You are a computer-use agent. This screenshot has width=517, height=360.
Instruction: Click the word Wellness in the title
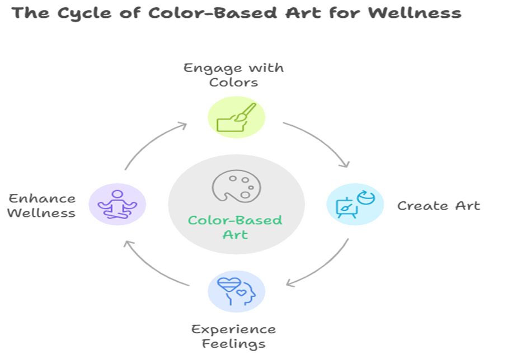[x=415, y=13]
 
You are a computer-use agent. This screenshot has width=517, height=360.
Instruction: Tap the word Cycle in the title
[x=84, y=14]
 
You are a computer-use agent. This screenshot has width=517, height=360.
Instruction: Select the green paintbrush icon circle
[x=237, y=117]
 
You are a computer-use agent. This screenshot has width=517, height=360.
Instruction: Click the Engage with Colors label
[x=233, y=75]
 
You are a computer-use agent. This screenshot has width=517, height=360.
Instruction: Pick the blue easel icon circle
[x=355, y=204]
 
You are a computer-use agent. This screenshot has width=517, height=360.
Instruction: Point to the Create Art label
[x=439, y=206]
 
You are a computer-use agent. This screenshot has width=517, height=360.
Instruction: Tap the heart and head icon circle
[x=237, y=291]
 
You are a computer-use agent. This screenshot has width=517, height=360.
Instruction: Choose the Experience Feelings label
[x=233, y=337]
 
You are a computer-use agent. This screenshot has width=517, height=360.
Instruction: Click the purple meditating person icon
[x=117, y=204]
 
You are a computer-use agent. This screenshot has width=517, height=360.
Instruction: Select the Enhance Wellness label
[x=41, y=206]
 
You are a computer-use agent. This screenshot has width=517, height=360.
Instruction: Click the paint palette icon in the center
[x=237, y=186]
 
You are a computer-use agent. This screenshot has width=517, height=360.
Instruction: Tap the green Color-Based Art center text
[x=235, y=228]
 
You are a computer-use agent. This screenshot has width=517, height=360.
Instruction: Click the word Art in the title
[x=303, y=13]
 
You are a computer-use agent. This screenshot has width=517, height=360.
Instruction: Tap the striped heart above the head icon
[x=229, y=285]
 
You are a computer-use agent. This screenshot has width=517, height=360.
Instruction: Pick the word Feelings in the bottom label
[x=233, y=344]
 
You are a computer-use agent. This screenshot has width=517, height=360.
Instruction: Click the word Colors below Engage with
[x=233, y=82]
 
